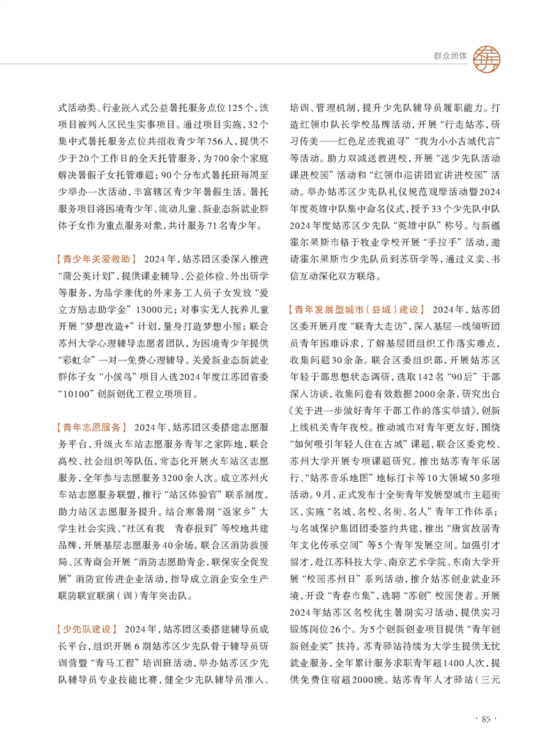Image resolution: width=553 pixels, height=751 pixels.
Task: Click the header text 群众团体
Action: point(446,58)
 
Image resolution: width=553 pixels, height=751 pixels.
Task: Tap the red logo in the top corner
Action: point(486,57)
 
